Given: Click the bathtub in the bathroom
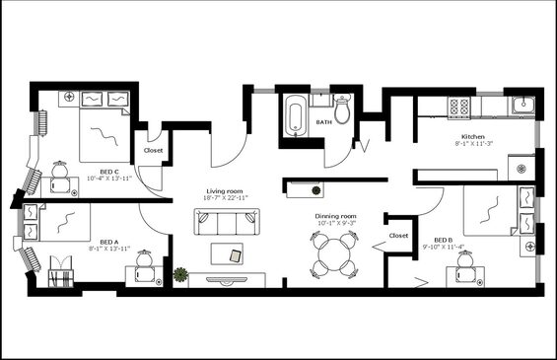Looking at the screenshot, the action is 296,115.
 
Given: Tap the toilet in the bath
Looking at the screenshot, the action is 342,109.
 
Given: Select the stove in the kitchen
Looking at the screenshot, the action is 459,108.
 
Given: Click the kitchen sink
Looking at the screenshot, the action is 523,106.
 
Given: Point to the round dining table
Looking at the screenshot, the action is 334,254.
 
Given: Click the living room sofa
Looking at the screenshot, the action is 227,222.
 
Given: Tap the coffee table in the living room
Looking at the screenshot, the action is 227,253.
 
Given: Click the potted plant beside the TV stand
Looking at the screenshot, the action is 180,275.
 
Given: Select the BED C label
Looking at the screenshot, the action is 109,172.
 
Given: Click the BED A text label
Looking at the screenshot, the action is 109,242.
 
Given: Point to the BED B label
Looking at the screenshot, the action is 444,241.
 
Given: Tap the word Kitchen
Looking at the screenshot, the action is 473,137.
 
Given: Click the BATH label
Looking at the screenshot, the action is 324,122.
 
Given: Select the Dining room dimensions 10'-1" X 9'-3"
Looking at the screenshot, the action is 336,223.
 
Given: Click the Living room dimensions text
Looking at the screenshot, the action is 225,198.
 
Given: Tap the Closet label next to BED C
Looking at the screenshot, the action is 154,150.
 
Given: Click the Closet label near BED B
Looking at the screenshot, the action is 398,236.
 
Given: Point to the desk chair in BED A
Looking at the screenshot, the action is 145,257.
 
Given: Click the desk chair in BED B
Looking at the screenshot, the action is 464,258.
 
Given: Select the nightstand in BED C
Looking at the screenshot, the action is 70,97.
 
